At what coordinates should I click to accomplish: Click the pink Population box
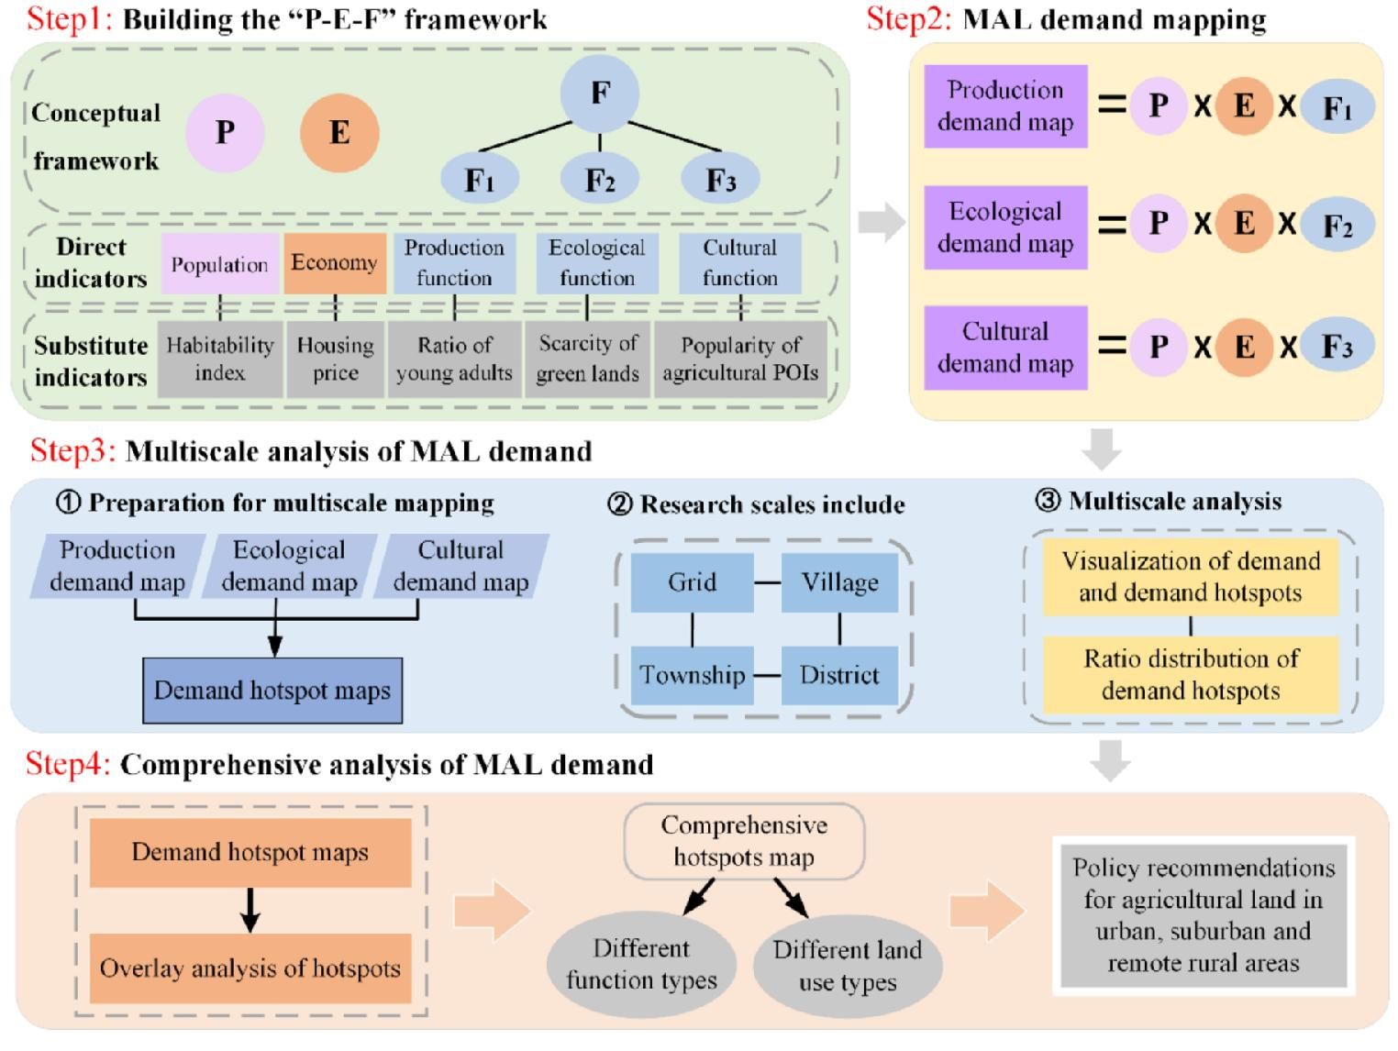[x=220, y=264]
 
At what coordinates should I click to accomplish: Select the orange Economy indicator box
[x=335, y=263]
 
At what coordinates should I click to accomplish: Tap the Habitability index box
[x=220, y=359]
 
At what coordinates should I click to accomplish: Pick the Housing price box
[x=335, y=359]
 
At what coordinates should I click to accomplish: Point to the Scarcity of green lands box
[x=587, y=359]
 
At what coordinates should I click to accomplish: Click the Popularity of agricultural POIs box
[x=740, y=359]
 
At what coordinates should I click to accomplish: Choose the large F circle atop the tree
[x=600, y=93]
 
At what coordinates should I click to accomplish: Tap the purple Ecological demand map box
[x=1005, y=227]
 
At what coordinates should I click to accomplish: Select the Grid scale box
[x=693, y=582]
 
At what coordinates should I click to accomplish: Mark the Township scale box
[x=693, y=675]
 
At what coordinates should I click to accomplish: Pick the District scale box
[x=839, y=675]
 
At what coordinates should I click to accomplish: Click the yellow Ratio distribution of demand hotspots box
[x=1191, y=675]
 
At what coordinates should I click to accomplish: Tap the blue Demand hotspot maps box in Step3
[x=272, y=691]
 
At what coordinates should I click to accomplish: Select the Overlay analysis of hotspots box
[x=250, y=968]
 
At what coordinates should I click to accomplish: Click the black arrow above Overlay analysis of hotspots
[x=250, y=910]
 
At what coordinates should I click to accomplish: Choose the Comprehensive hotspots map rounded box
[x=744, y=841]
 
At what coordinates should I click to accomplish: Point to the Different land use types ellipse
[x=848, y=966]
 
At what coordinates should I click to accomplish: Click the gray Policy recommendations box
[x=1203, y=915]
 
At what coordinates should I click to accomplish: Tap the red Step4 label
[x=68, y=764]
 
